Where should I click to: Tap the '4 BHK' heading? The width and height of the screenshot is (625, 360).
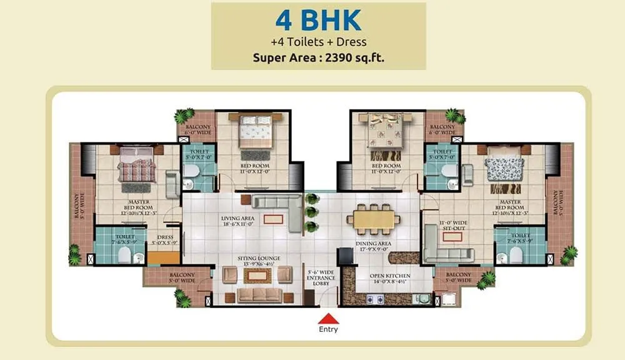point(318,20)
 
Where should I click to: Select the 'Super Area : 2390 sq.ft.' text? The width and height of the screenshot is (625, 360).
point(318,58)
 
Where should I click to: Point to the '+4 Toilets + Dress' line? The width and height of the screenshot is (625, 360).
point(318,42)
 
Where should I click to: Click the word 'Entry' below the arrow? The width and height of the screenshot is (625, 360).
point(328,329)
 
